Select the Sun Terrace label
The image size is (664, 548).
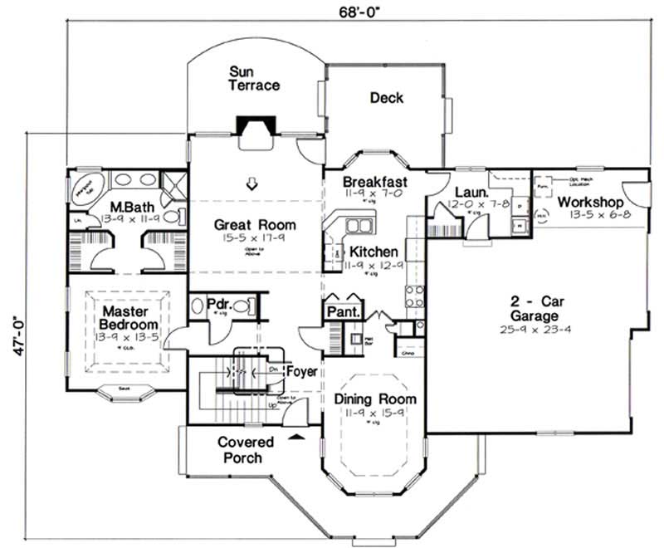point(255,78)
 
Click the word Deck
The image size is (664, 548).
point(386,98)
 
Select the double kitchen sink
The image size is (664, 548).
point(358,224)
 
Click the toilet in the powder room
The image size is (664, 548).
point(241,306)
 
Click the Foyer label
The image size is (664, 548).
point(300,372)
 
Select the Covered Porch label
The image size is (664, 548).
point(240,449)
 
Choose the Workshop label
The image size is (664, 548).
point(589,202)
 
